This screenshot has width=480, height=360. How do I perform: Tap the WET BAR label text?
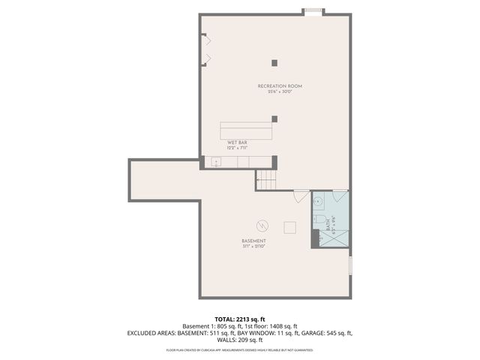238,142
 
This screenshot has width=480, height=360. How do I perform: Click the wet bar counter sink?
216,162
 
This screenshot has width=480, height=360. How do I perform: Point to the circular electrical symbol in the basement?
262,225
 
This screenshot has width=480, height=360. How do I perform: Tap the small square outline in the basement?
289,227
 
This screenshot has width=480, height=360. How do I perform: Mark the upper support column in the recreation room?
275,62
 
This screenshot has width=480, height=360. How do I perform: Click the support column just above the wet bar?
275,118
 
